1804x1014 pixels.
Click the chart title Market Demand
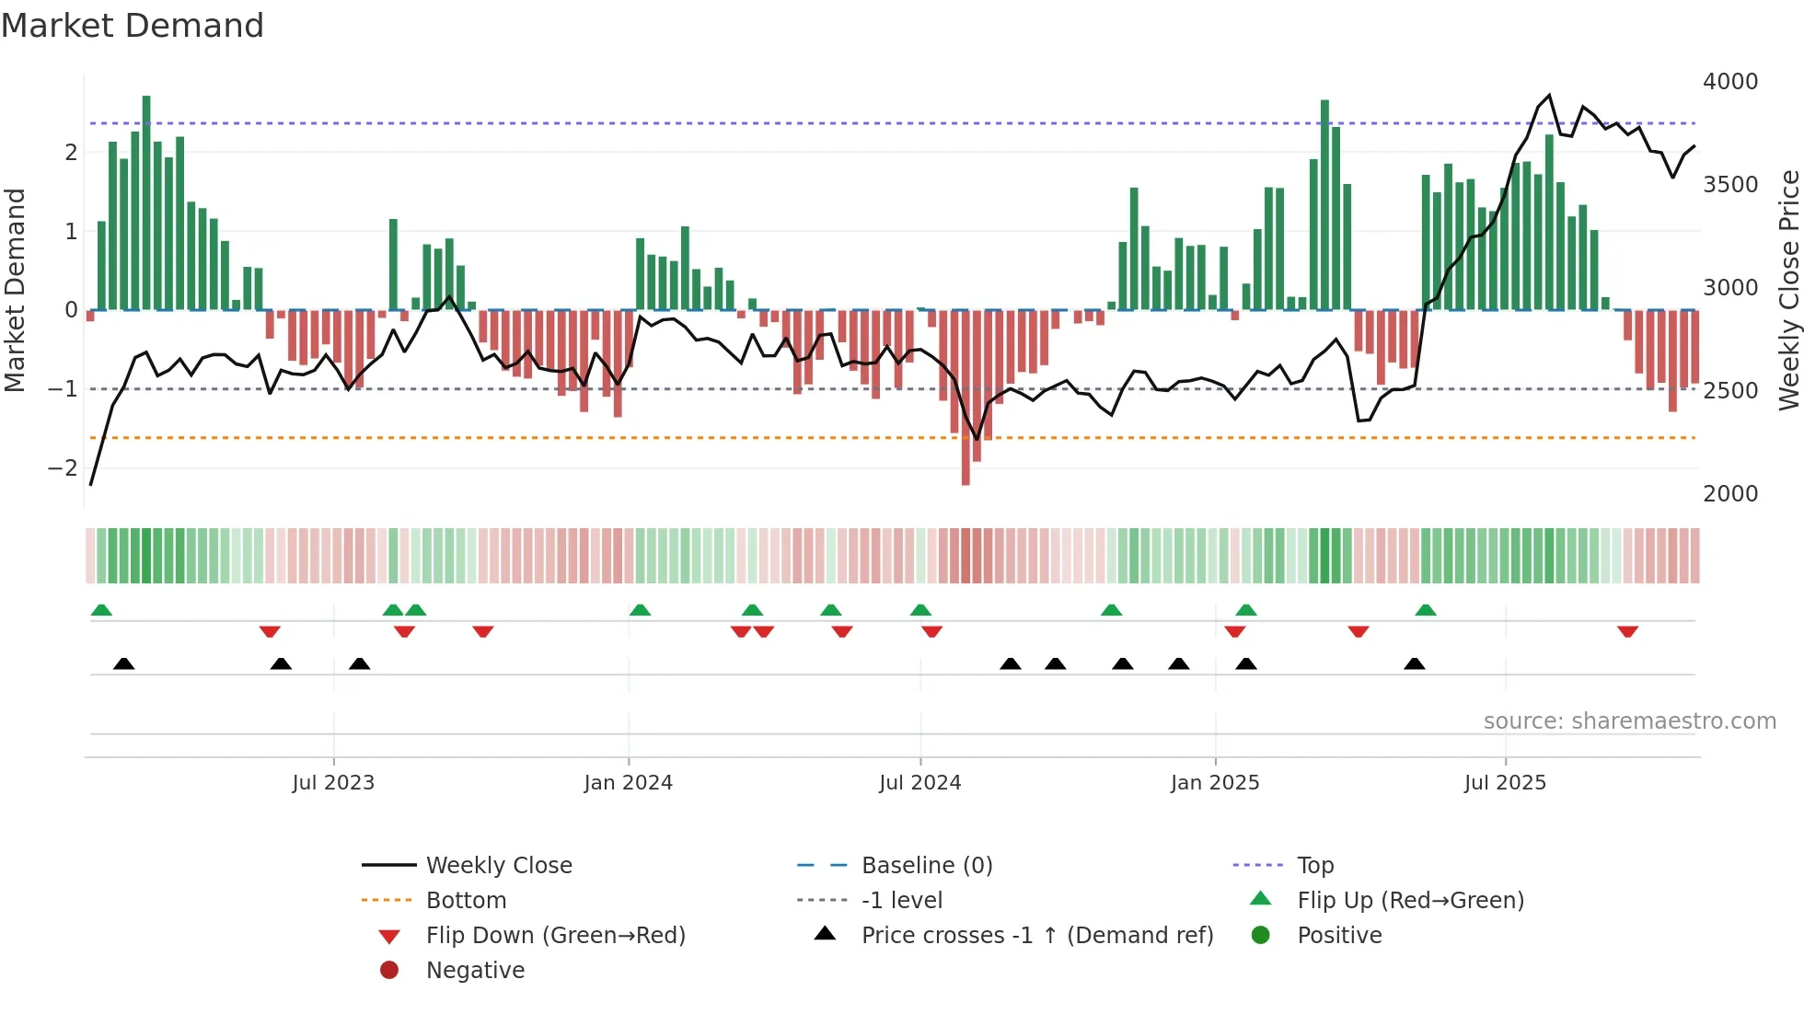tap(133, 26)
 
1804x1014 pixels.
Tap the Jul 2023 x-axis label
tap(333, 783)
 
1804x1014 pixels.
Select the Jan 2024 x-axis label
tap(628, 783)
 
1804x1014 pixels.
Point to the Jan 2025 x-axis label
tap(1214, 783)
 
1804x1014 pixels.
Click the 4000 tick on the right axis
tap(1729, 82)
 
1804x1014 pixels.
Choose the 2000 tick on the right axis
tap(1729, 494)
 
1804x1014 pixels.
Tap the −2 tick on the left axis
tap(63, 468)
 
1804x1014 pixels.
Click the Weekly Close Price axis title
tap(1788, 290)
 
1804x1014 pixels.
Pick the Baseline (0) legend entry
tap(926, 866)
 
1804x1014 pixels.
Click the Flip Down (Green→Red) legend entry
tap(555, 936)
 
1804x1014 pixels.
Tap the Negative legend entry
tap(475, 971)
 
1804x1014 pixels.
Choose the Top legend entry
tap(1314, 866)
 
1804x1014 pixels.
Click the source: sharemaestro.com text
tap(1629, 721)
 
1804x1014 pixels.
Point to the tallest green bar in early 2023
tap(146, 202)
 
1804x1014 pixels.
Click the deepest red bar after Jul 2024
tap(966, 396)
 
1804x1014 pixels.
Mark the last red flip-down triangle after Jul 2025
tap(1627, 632)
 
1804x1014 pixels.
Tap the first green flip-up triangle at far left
tap(101, 610)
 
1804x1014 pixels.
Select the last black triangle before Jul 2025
tap(1415, 663)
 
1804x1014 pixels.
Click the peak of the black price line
tap(1549, 95)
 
